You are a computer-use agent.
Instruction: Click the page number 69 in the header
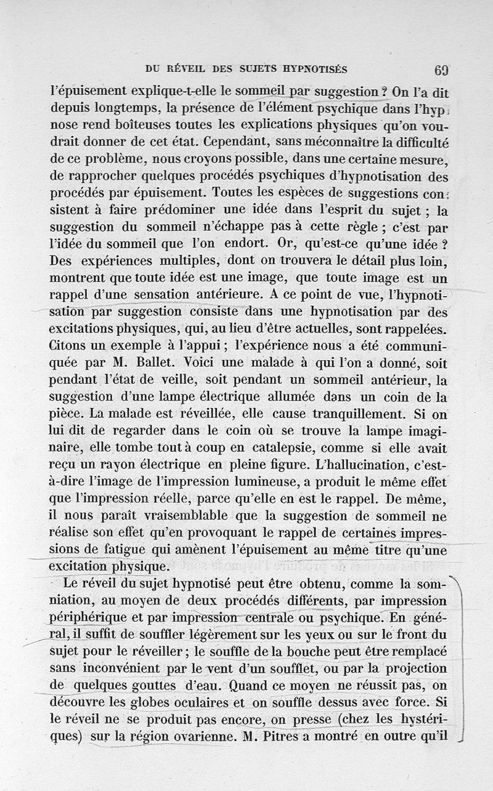pos(440,70)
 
